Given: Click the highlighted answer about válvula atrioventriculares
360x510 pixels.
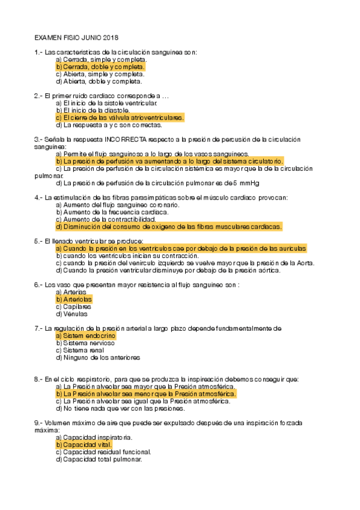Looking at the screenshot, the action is point(120,118).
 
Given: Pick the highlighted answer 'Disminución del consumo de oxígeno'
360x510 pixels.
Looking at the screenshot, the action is point(168,227).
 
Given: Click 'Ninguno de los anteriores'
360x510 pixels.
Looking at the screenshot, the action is point(97,357).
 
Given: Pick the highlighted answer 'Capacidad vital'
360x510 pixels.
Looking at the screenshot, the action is point(84,444).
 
